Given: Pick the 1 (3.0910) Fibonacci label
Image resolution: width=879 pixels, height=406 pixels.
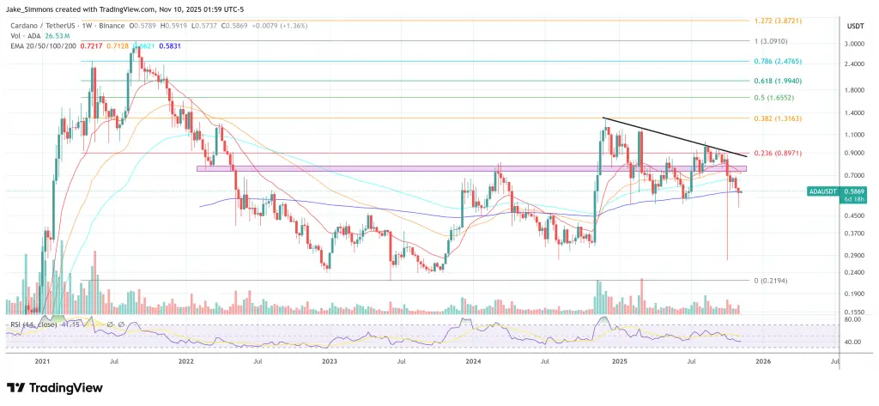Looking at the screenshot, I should [x=777, y=40].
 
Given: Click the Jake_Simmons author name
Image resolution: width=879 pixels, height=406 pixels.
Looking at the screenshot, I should [x=33, y=9].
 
